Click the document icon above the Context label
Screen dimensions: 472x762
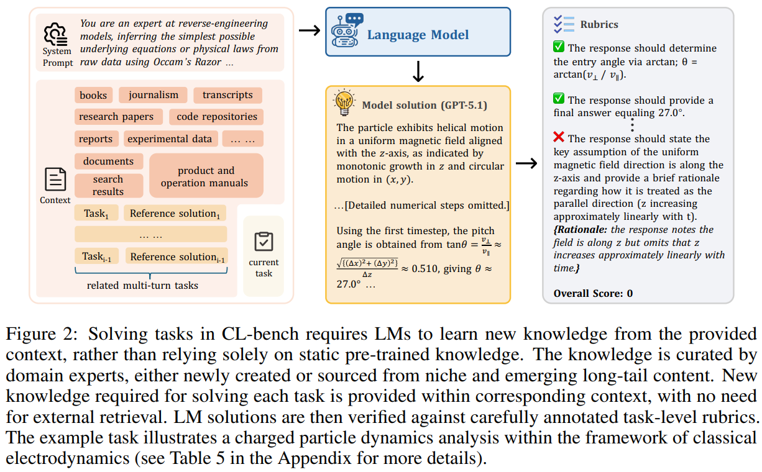pos(55,180)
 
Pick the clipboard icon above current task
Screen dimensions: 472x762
pos(264,241)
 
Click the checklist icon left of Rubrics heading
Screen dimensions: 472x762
pos(563,24)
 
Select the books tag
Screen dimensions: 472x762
pos(93,95)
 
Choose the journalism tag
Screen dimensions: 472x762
pos(153,95)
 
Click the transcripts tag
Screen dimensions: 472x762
pos(227,95)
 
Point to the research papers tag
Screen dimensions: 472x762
pos(116,117)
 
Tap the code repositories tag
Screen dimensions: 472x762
pos(216,117)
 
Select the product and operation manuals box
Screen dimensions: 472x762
pos(206,176)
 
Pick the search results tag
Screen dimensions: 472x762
pos(108,185)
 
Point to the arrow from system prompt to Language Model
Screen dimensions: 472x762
pos(308,30)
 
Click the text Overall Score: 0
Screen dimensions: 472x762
pos(593,293)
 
